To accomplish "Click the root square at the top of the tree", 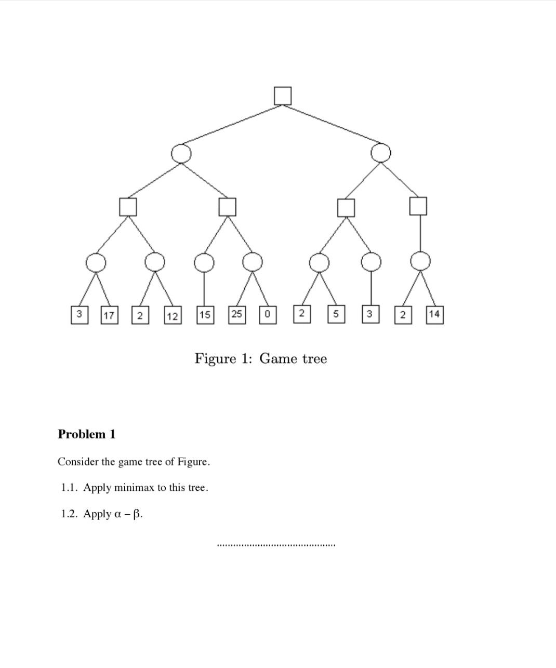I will pos(283,96).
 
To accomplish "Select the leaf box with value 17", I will pos(109,315).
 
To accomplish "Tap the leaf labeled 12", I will pos(173,316).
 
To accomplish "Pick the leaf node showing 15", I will pos(205,315).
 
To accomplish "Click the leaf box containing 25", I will pos(237,314).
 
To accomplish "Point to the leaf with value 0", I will pos(267,315).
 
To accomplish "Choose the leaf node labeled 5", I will pos(336,314).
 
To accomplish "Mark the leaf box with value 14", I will pos(434,314).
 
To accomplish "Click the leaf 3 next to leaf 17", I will pos(79,315).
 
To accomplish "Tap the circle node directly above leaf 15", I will pos(204,263).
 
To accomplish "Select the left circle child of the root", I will pos(181,153).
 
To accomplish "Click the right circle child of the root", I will pos(381,153).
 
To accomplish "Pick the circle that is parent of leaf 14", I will pos(420,261).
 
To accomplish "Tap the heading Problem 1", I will pos(87,434).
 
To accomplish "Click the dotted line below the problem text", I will pos(276,545).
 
